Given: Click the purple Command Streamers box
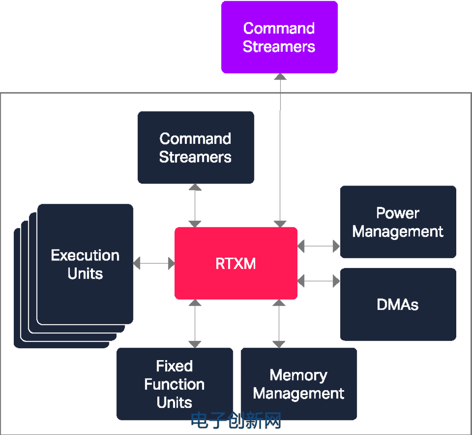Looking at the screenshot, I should coord(279,37).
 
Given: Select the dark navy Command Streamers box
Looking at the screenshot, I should coord(196,148).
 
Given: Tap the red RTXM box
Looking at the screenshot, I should coord(236,263).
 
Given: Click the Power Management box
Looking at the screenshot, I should coord(398,222).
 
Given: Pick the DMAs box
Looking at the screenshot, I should coord(398,305).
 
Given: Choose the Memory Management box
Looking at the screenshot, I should coord(299,384).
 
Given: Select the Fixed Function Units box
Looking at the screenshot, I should coord(175,384).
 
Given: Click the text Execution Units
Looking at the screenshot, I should coord(85,264).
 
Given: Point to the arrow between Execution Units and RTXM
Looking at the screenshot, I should coord(154,263).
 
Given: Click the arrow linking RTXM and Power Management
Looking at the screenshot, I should coord(319,246).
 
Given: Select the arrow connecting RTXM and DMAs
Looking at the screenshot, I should coord(319,281).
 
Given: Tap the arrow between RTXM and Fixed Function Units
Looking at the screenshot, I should coord(195,323).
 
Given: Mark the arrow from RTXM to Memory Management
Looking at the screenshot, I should coord(279,323).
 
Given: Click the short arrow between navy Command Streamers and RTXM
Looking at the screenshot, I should coord(195,205).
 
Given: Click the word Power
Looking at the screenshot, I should coord(398,213).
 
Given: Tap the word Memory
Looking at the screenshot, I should coord(298,375).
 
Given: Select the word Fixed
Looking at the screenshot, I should coord(174,366).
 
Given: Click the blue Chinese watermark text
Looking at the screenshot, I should coord(236,421).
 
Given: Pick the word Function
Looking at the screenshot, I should coord(174,384).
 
